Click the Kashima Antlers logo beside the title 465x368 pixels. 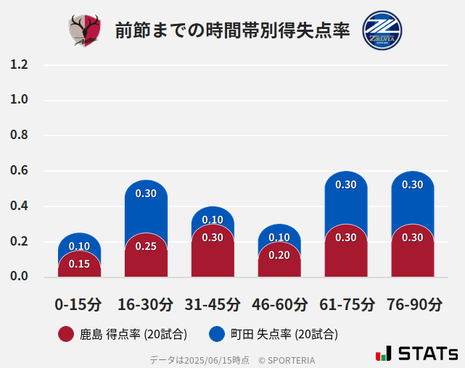point(85,30)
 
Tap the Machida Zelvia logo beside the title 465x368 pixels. point(382,30)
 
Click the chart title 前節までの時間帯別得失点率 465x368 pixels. point(232,31)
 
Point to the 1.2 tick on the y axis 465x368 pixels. point(19,65)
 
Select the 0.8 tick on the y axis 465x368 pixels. point(19,135)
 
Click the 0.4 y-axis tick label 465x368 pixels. point(19,206)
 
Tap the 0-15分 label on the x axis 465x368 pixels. point(79,304)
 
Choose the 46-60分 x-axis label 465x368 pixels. point(279,304)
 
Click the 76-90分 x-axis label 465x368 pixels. point(413,304)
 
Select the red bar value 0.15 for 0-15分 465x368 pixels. point(79,264)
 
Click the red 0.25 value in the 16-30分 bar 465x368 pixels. point(146,246)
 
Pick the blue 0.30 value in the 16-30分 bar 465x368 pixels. point(146,193)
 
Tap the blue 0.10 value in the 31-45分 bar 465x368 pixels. point(213,220)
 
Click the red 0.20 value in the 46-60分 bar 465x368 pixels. point(279,255)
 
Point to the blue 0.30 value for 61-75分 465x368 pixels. point(346,185)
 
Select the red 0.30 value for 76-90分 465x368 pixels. point(413,238)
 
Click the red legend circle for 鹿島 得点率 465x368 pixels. point(66,335)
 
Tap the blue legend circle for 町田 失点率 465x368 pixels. point(217,335)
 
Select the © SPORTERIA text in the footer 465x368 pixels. point(287,360)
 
